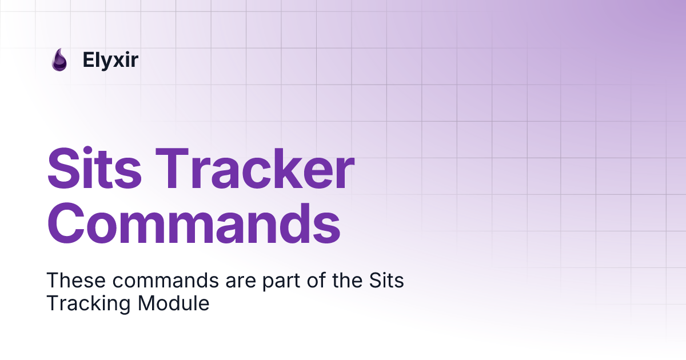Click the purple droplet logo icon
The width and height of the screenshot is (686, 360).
click(59, 60)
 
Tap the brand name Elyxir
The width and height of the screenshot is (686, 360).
click(110, 60)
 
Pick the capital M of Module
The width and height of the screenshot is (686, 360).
click(146, 303)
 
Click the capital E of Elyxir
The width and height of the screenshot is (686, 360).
click(87, 60)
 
